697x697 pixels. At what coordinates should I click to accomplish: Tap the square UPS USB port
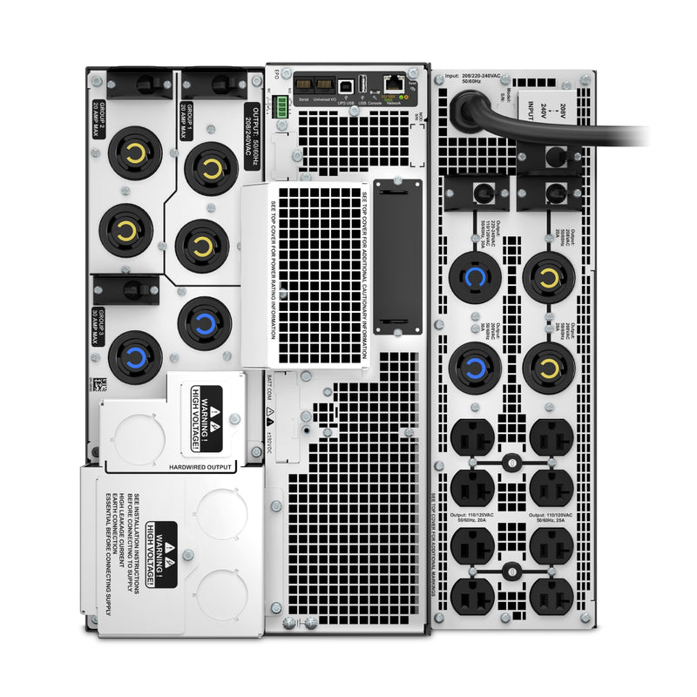point(347,85)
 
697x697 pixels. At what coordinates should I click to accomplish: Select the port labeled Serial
point(304,85)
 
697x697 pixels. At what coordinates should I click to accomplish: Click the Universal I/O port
point(324,85)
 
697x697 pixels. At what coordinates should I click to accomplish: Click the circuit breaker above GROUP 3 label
point(125,288)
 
